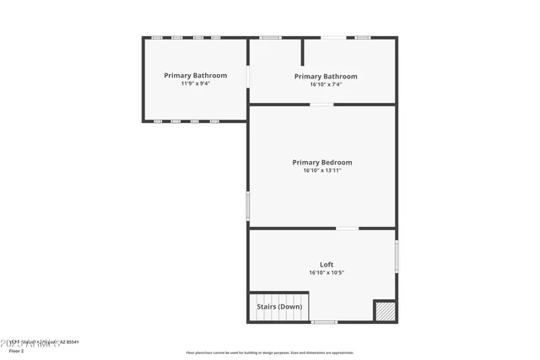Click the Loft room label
tap(326, 265)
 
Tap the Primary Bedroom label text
tap(322, 162)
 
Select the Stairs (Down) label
tap(279, 307)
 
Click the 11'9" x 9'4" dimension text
tap(195, 83)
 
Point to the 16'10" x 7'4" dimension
tap(326, 84)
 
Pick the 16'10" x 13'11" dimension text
tap(322, 170)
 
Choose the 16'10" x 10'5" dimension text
tap(326, 272)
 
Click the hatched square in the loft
tap(385, 310)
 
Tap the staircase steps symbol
tap(279, 300)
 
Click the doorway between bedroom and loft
tap(348, 228)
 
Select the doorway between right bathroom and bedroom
tap(321, 105)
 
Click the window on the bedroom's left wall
tap(247, 205)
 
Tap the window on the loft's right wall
tap(397, 255)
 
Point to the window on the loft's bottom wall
tap(324, 322)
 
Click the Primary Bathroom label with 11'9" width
tap(195, 75)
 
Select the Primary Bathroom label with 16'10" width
tap(326, 76)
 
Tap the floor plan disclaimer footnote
tap(269, 352)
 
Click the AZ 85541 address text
tap(67, 342)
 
